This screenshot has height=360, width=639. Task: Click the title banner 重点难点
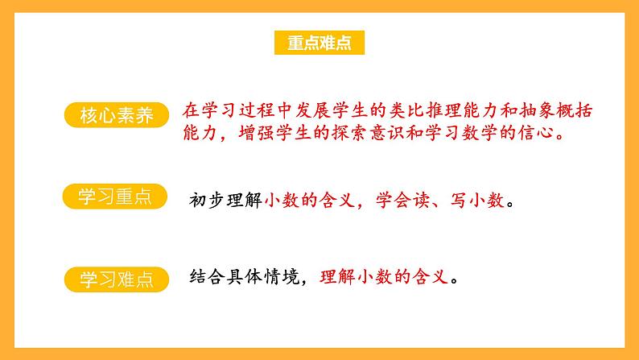pos(319,43)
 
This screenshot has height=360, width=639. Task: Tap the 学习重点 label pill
pos(115,197)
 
